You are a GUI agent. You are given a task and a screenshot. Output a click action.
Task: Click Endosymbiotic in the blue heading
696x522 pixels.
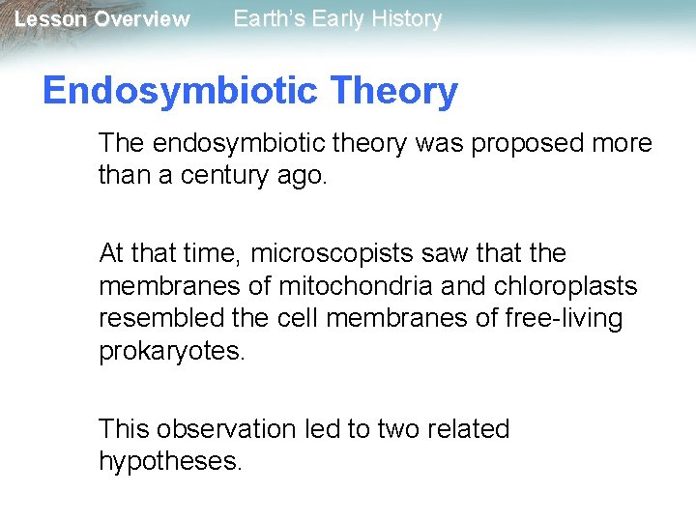coord(180,92)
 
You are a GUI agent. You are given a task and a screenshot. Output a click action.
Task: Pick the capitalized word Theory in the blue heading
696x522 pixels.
coord(393,92)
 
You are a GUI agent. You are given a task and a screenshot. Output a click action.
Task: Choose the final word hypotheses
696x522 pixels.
coord(169,462)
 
